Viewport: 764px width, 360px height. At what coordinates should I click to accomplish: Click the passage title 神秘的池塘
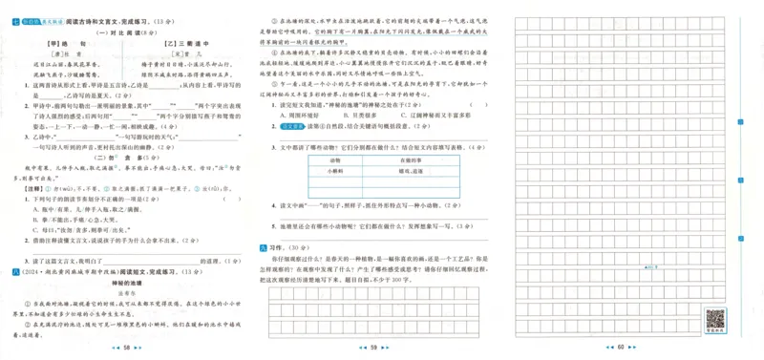click(128, 283)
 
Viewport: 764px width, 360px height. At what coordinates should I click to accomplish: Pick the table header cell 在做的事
click(413, 159)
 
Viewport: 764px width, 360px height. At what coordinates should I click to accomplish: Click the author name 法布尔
click(128, 293)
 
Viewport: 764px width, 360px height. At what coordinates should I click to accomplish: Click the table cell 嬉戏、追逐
click(413, 171)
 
